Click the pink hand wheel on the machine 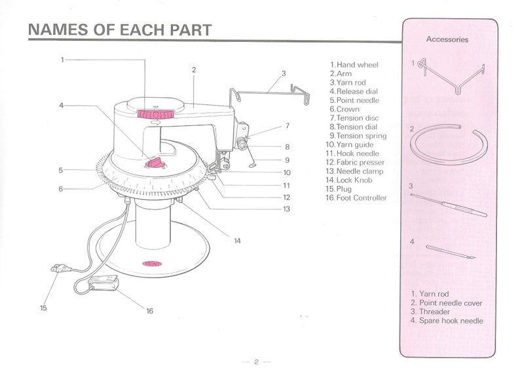point(155,114)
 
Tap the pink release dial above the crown point(154,163)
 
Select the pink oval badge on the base point(152,264)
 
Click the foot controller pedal point(103,283)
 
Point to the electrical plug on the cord point(61,268)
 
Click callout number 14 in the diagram point(238,241)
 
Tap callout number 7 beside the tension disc point(288,125)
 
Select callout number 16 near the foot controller point(149,311)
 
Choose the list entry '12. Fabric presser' point(355,163)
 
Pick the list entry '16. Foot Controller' point(356,198)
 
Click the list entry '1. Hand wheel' point(354,65)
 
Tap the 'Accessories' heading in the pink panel point(447,39)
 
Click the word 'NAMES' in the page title point(58,30)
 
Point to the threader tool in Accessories point(449,205)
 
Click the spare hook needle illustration point(451,252)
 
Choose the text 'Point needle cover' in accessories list point(451,303)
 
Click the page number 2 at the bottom point(256,362)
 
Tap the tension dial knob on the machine point(241,144)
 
